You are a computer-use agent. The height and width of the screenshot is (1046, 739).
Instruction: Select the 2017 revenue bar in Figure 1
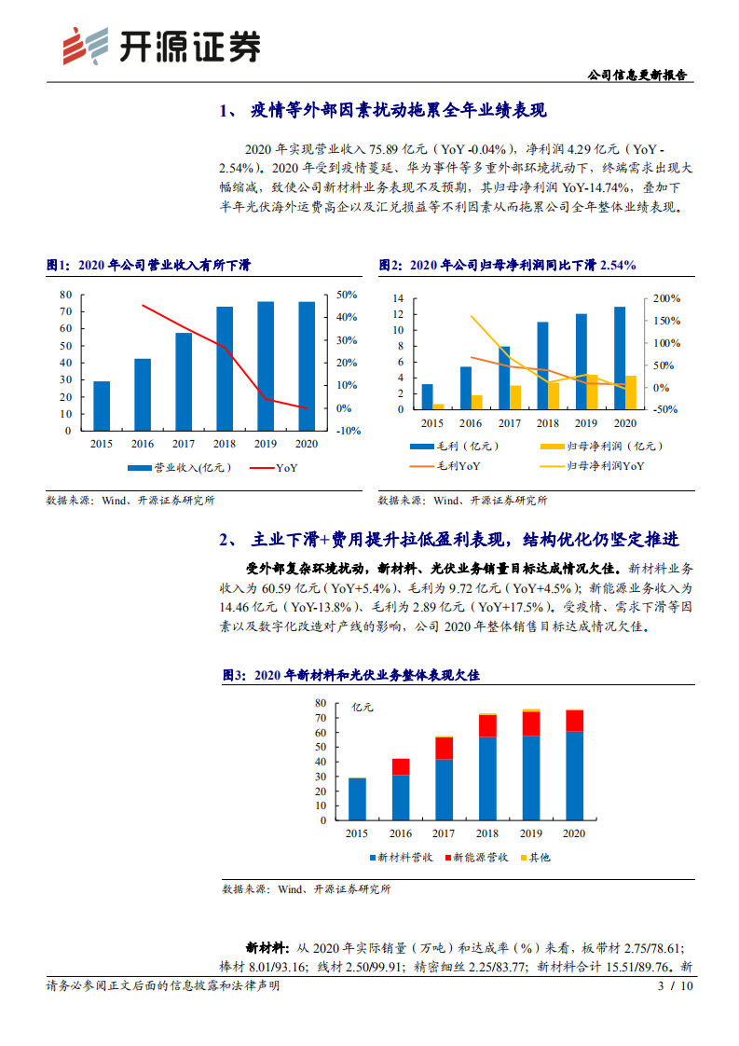coord(184,381)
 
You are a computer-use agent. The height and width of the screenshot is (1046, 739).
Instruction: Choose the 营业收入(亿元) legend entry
coord(171,467)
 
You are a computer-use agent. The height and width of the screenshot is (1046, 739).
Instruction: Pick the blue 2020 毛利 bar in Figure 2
coord(620,357)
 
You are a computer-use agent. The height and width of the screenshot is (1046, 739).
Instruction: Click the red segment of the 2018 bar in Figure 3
coord(487,726)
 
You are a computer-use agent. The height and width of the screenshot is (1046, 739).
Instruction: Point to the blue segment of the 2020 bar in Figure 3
coord(575,776)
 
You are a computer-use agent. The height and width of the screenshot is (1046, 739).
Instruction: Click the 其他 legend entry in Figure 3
coord(535,856)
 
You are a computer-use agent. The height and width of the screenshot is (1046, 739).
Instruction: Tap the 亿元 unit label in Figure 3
coord(362,708)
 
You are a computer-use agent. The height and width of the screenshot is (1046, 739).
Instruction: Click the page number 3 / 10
coord(677,985)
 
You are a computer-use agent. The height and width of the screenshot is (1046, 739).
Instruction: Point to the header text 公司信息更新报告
coord(642,76)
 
